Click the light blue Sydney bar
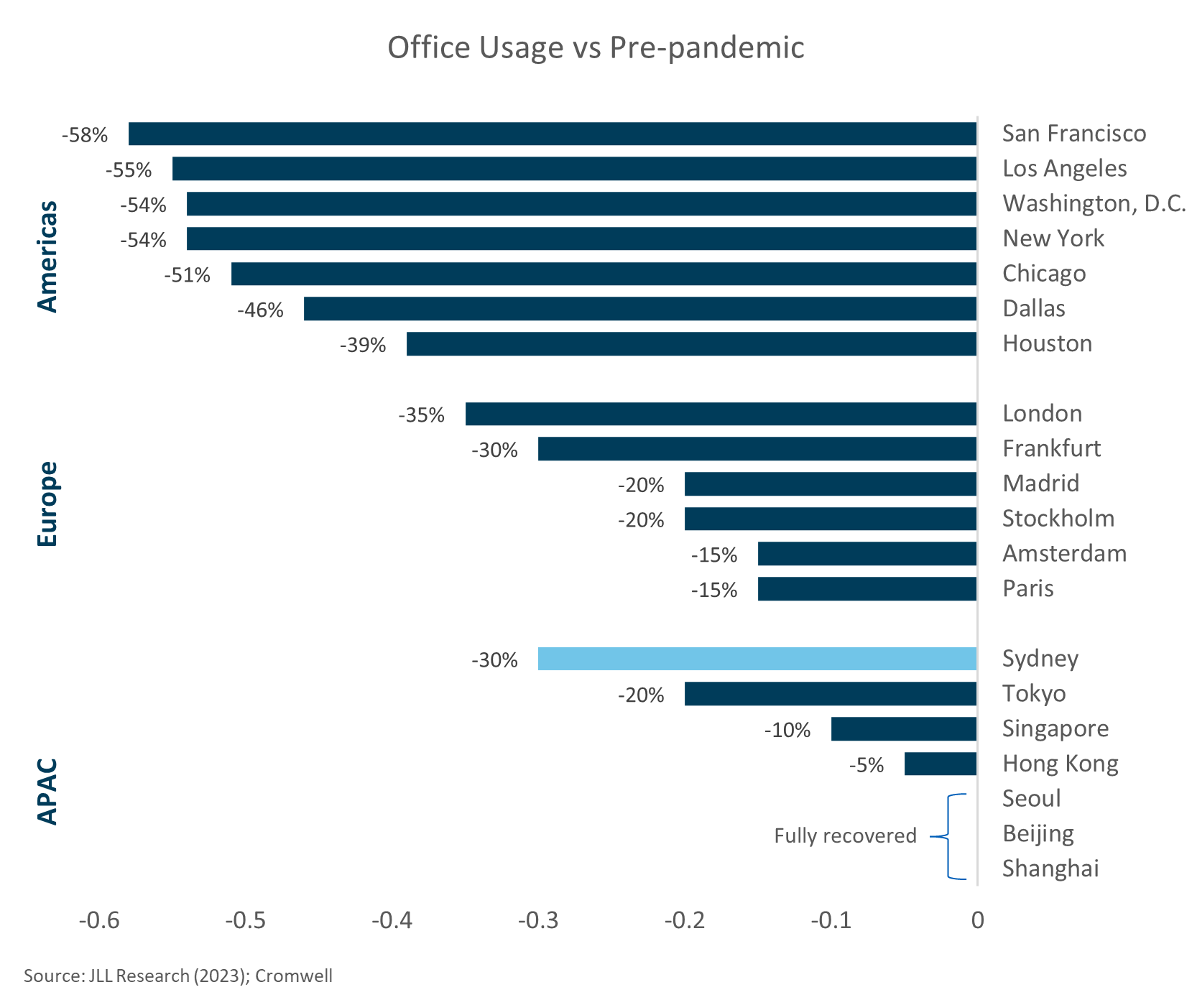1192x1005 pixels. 757,659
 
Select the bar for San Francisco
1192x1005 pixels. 552,134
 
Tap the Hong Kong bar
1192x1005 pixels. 940,764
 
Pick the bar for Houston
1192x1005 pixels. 691,344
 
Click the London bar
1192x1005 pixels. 721,414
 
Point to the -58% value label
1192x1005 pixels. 85,135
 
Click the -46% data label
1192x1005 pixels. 260,310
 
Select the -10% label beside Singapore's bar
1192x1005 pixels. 787,731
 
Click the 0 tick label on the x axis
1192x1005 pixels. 977,920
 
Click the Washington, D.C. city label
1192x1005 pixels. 1094,204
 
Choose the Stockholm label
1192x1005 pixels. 1058,519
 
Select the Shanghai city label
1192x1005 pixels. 1050,869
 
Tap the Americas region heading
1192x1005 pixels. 47,256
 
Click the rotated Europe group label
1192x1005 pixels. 47,504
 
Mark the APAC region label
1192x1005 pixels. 47,791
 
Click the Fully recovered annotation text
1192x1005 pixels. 845,836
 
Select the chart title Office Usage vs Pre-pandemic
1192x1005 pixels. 596,48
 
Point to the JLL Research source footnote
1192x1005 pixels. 178,976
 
